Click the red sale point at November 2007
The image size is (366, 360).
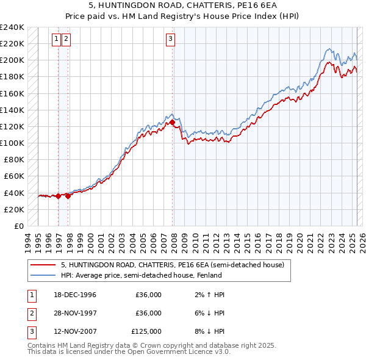click(173, 123)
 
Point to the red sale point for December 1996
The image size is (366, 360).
click(59, 196)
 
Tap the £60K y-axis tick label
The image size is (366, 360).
click(14, 176)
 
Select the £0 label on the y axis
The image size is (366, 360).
click(19, 226)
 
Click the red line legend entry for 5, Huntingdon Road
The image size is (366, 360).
click(173, 265)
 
